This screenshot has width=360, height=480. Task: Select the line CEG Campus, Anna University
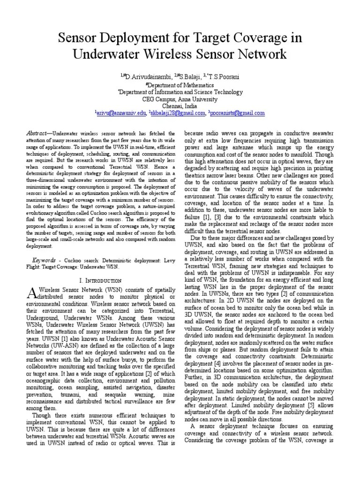tap(180, 99)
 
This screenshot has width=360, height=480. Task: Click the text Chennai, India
tap(180, 106)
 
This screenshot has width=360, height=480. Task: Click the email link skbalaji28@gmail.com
tap(178, 113)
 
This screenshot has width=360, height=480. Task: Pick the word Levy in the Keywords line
tap(165, 260)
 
